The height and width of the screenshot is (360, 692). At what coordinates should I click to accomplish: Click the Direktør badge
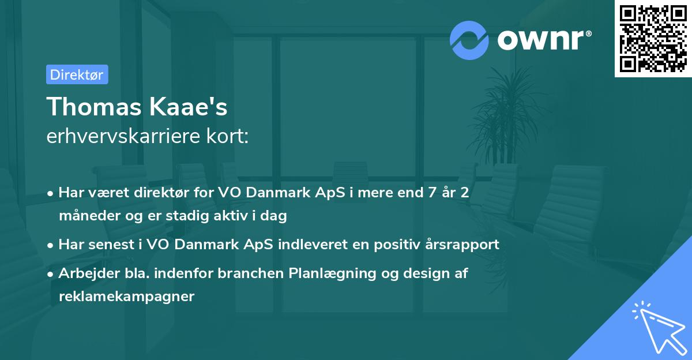(x=77, y=74)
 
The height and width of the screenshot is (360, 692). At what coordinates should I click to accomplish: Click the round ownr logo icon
(x=469, y=40)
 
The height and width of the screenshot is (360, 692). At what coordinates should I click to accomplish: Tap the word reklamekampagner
(x=126, y=297)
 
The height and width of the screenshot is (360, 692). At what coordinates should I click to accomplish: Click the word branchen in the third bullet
(x=252, y=273)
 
